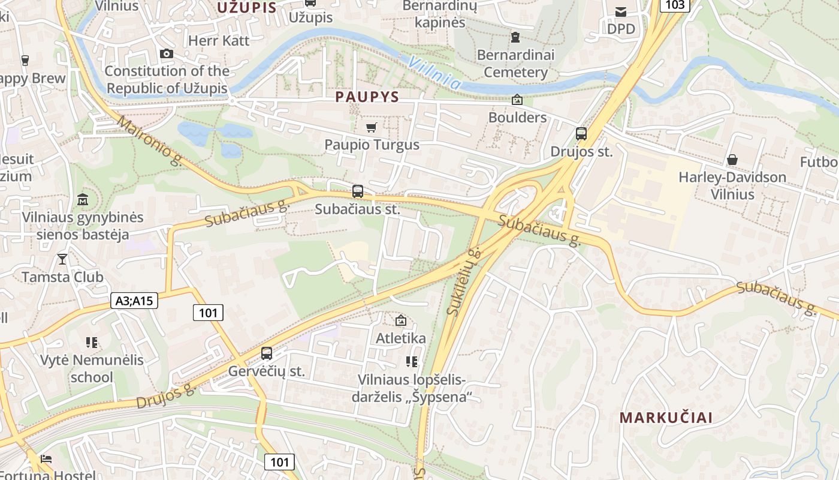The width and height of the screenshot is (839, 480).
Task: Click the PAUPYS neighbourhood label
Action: [x=367, y=97]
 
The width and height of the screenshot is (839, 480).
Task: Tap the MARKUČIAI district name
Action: [x=666, y=418]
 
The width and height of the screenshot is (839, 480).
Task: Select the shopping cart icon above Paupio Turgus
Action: [x=371, y=127]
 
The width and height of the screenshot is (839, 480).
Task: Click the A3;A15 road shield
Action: [x=134, y=301]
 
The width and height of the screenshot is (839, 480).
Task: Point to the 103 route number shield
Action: [x=675, y=5]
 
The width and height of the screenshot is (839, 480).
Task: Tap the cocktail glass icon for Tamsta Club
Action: [x=62, y=259]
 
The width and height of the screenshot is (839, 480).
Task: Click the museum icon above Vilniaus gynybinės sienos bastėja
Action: [x=83, y=199]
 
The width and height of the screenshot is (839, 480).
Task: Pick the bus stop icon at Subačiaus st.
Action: [x=358, y=191]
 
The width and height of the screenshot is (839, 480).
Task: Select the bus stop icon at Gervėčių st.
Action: [x=267, y=353]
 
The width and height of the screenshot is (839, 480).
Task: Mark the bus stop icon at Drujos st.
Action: [x=581, y=134]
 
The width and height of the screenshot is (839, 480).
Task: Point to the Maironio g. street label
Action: [x=150, y=141]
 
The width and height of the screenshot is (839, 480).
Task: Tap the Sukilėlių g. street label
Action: [x=464, y=281]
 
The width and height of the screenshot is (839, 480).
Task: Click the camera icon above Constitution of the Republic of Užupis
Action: [x=167, y=54]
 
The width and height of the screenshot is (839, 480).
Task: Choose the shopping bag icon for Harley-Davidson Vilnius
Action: [x=732, y=160]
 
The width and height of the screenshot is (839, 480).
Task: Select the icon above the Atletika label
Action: [x=401, y=320]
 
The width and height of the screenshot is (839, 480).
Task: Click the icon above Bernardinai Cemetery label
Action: [x=515, y=37]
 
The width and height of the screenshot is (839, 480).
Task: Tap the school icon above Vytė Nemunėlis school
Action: [x=92, y=343]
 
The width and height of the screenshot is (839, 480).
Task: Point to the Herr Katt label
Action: [x=219, y=40]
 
